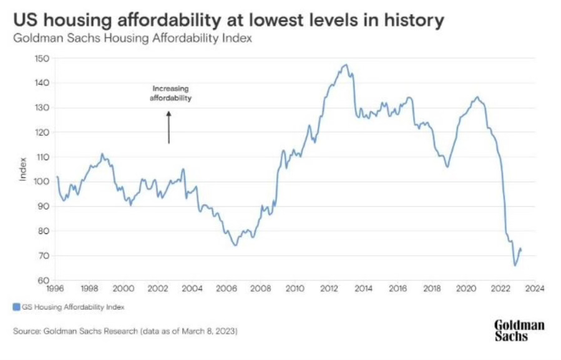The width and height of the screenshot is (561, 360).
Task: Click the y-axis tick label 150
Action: click(42, 59)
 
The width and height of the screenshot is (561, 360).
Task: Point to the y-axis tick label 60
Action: click(43, 280)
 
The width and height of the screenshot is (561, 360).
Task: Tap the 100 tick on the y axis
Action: click(42, 182)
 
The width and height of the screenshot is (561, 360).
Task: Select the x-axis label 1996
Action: click(56, 289)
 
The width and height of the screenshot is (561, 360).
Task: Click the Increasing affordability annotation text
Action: click(170, 94)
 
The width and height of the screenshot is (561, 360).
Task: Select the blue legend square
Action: click(16, 306)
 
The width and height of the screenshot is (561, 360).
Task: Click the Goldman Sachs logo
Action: click(519, 330)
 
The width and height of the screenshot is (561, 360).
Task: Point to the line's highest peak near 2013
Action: click(345, 64)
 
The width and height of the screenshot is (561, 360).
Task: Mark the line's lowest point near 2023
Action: click(515, 266)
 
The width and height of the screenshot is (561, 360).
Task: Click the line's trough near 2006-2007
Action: click(235, 245)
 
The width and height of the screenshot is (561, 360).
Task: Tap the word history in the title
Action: click(413, 20)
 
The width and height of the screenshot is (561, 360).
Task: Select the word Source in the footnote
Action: click(27, 330)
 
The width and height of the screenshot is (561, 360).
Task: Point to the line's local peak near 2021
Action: click(477, 97)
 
